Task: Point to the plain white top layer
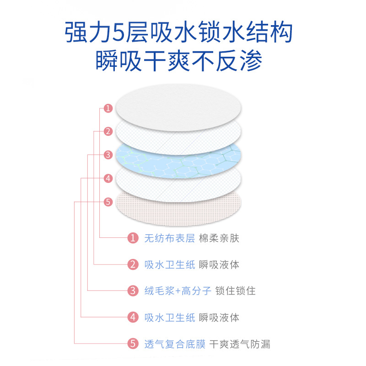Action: pyautogui.click(x=178, y=105)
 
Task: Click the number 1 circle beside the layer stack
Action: pyautogui.click(x=108, y=108)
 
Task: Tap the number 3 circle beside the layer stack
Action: pyautogui.click(x=108, y=155)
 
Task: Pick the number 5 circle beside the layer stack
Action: pyautogui.click(x=108, y=201)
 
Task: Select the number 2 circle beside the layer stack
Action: pyautogui.click(x=108, y=132)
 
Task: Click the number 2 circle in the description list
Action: pyautogui.click(x=133, y=264)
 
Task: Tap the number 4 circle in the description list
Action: pyautogui.click(x=133, y=317)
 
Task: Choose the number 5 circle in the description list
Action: pyautogui.click(x=133, y=344)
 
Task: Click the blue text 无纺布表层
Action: pyautogui.click(x=169, y=238)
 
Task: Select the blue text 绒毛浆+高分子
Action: pyautogui.click(x=178, y=291)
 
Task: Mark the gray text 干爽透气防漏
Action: pyautogui.click(x=240, y=344)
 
